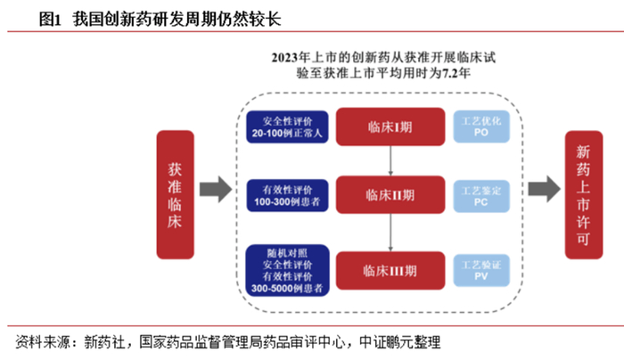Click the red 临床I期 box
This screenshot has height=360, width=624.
click(x=390, y=127)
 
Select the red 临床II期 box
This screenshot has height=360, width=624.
click(x=390, y=194)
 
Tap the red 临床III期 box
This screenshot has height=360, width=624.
click(x=390, y=271)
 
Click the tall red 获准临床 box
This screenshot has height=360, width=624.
click(x=175, y=194)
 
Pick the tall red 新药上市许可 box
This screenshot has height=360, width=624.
click(x=584, y=194)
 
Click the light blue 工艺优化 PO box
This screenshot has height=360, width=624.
click(x=481, y=127)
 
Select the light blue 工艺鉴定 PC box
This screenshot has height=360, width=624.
click(x=481, y=196)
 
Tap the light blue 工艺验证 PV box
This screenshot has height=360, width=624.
click(x=481, y=271)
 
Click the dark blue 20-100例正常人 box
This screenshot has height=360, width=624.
click(x=287, y=127)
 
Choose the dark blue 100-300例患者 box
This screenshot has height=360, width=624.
click(x=287, y=196)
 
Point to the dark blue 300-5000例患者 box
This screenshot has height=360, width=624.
click(x=287, y=271)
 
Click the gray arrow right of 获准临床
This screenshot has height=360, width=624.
click(x=216, y=189)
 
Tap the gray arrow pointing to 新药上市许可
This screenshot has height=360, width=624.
click(x=544, y=189)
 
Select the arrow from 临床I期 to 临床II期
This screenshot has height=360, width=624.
click(x=390, y=160)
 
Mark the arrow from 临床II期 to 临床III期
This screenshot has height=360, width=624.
click(x=390, y=233)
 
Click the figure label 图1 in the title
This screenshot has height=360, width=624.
click(x=50, y=19)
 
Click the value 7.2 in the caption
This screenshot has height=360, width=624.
click(x=450, y=73)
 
